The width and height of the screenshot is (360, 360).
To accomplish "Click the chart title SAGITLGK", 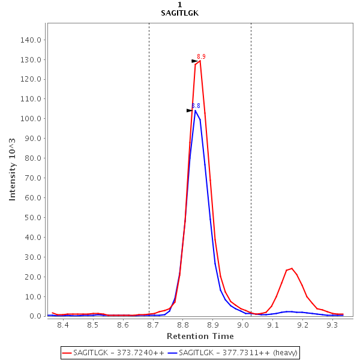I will [x=180, y=13].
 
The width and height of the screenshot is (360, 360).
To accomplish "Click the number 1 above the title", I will [x=180, y=5].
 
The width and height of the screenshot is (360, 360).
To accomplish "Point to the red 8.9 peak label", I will [x=201, y=56].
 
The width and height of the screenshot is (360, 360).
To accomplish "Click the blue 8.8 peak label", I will [x=196, y=106].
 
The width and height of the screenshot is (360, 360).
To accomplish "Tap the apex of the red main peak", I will [x=200, y=61].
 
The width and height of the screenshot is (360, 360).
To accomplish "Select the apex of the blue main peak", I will [x=195, y=110].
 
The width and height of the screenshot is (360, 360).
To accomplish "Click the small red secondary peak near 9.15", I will [x=292, y=268].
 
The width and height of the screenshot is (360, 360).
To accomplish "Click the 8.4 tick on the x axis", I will [x=62, y=325].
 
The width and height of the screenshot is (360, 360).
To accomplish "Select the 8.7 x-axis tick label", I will [x=153, y=325].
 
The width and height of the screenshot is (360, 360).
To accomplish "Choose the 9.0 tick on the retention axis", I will [x=243, y=325].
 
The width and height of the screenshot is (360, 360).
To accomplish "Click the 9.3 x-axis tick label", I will [x=333, y=325].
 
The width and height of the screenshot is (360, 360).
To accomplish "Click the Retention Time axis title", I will [x=197, y=336].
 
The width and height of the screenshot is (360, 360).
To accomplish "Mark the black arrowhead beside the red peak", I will [x=194, y=61].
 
